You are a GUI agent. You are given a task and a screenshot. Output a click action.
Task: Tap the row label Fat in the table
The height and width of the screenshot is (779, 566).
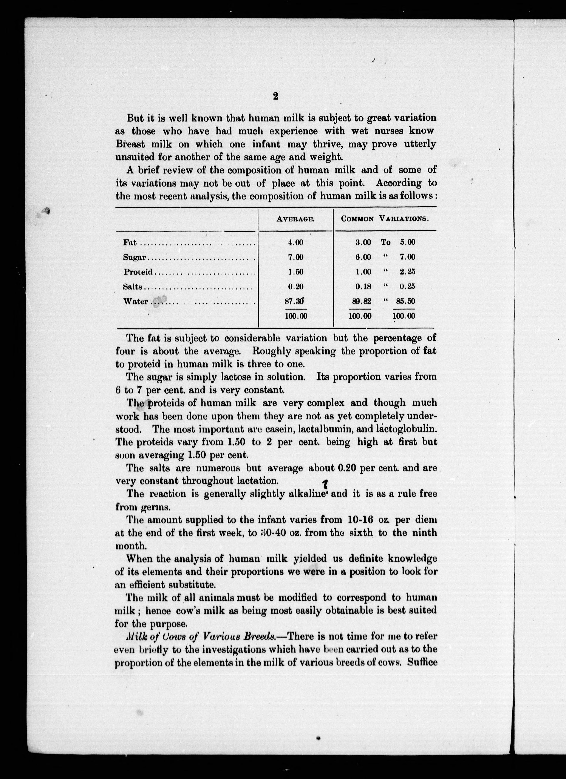click(x=130, y=242)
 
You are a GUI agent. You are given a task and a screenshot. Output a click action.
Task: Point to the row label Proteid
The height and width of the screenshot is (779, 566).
click(x=138, y=272)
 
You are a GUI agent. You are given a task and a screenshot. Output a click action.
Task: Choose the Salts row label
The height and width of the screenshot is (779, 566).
click(x=133, y=287)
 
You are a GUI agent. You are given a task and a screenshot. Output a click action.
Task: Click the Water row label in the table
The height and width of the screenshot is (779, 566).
click(x=136, y=302)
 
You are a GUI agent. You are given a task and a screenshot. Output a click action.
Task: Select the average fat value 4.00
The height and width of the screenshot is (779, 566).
click(x=296, y=242)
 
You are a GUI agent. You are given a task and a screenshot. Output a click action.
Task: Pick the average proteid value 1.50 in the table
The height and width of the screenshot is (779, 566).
click(x=296, y=272)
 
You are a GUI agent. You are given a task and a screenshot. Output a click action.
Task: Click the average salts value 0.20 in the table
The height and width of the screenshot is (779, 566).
click(x=296, y=287)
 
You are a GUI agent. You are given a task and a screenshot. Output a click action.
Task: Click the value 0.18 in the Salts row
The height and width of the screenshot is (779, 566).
click(x=363, y=287)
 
